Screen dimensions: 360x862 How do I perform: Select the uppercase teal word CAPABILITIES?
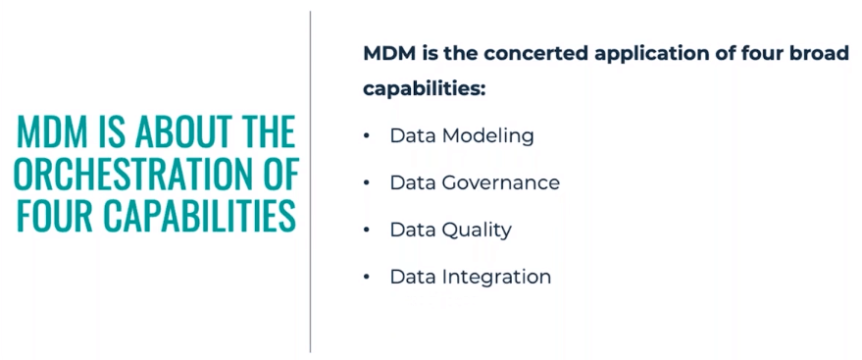(205, 216)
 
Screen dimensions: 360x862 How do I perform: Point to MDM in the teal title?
(52, 132)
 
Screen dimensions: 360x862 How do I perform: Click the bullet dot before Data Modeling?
(367, 136)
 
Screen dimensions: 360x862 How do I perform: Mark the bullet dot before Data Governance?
(367, 182)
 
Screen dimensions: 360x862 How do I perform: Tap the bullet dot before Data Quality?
(367, 230)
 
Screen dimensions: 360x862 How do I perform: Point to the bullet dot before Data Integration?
(367, 277)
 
